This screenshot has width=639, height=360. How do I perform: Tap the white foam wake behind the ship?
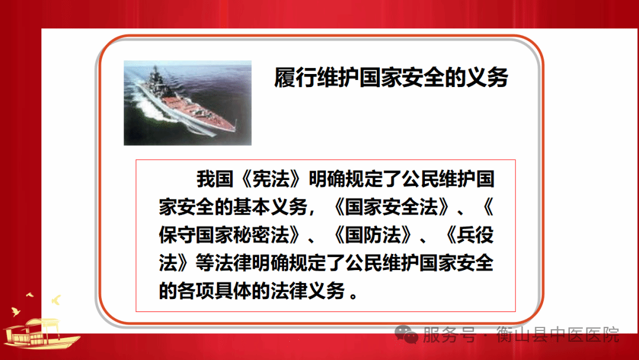tap(151, 110)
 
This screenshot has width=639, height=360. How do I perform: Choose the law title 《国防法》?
tap(373, 235)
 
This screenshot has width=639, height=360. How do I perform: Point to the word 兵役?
tap(475, 235)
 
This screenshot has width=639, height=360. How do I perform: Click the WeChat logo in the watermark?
tap(406, 335)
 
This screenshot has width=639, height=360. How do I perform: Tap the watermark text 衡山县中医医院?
tap(558, 335)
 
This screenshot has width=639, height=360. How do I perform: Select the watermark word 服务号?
tap(450, 335)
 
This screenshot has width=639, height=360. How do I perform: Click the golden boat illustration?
tap(41, 333)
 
